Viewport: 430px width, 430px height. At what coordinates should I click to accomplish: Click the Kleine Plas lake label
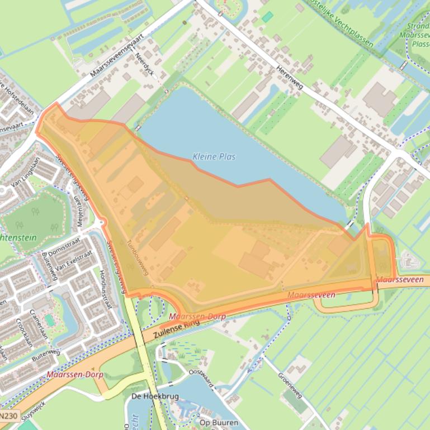(x=214, y=157)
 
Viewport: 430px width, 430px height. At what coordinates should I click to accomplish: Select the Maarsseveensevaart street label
(x=116, y=55)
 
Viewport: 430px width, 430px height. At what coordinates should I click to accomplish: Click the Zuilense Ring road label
(x=179, y=329)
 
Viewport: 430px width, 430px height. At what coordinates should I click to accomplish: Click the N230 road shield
(x=9, y=416)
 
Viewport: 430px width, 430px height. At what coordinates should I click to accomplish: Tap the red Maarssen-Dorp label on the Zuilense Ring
(x=197, y=317)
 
